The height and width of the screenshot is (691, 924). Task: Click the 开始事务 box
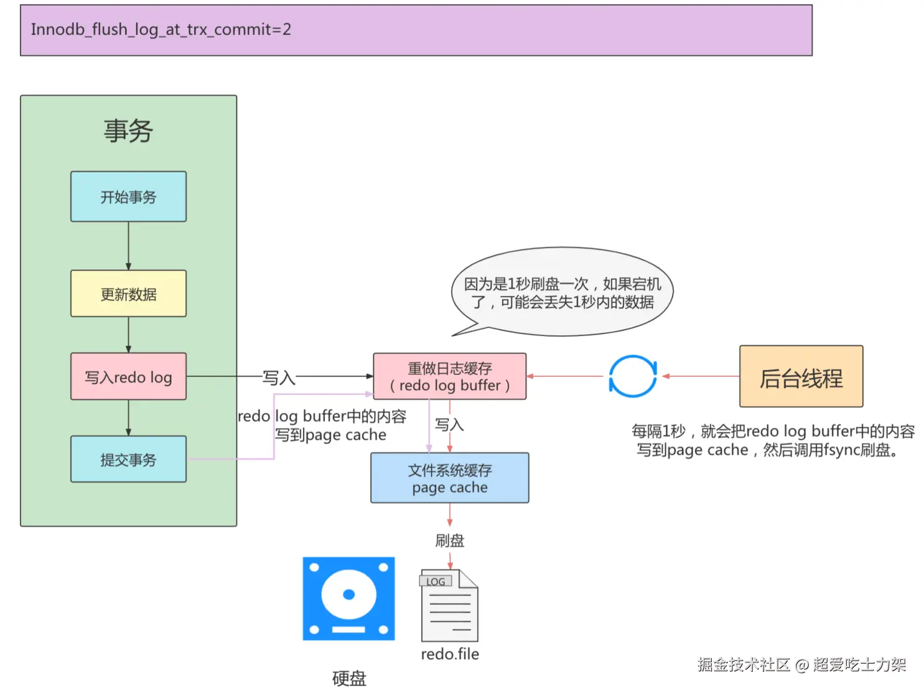pos(128,197)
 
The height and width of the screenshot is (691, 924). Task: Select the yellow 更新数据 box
pos(128,294)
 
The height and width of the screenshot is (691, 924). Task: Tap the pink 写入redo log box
pos(128,376)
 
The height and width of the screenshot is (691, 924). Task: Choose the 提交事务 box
pos(128,459)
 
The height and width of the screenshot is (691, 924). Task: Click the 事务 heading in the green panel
pos(128,131)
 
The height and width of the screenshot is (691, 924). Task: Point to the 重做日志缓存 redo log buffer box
pos(449,376)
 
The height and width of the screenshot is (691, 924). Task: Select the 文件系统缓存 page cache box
pos(449,478)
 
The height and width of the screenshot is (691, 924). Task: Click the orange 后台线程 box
pos(801,376)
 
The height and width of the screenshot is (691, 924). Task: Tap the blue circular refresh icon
pos(632,376)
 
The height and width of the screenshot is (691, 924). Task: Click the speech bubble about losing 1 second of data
pos(562,292)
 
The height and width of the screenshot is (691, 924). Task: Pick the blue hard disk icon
pos(348,598)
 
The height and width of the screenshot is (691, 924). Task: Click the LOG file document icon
pos(449,606)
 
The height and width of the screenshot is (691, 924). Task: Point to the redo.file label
pos(449,654)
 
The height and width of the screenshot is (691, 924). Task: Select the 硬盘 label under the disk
pos(348,677)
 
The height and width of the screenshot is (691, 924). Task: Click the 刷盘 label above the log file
pos(449,540)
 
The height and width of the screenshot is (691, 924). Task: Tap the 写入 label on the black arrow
pos(278,378)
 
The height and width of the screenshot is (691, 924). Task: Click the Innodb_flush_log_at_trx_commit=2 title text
pos(161,29)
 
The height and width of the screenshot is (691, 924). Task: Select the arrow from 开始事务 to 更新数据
pos(128,246)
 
